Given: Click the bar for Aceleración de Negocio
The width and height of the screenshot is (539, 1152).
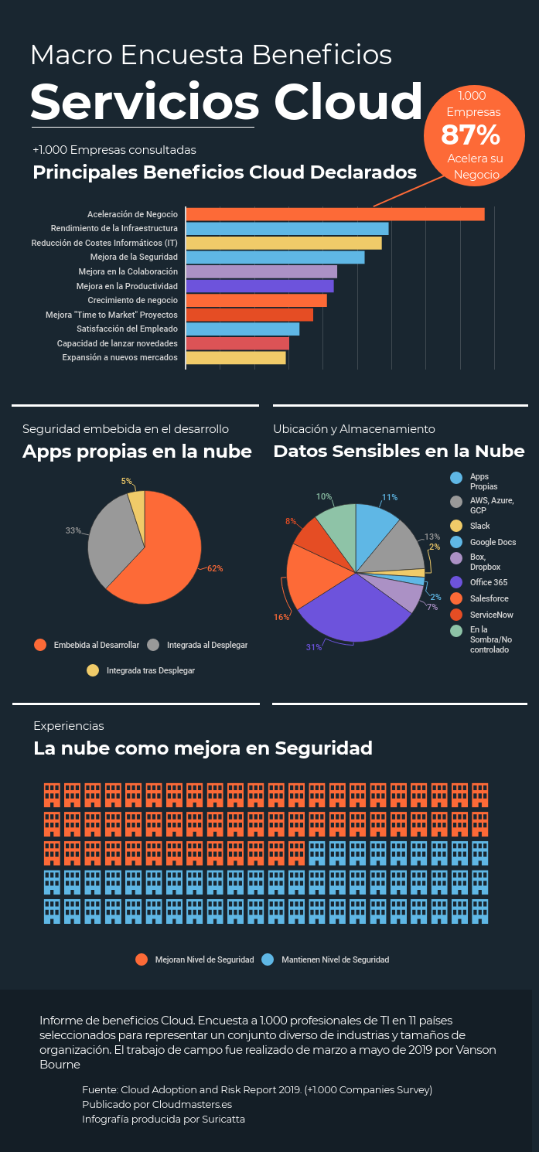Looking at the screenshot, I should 335,214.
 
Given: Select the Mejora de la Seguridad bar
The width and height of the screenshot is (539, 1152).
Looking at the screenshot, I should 275,257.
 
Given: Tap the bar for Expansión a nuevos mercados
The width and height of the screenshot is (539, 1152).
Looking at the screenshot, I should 236,358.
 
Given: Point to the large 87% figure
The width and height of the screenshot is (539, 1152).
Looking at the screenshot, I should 470,135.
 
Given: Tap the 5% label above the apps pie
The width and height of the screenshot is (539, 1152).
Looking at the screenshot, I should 126,481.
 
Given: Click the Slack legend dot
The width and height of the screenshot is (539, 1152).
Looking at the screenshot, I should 457,526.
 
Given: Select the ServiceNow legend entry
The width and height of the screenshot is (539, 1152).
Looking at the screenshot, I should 491,615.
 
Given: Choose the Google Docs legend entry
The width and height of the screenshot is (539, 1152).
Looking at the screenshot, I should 493,543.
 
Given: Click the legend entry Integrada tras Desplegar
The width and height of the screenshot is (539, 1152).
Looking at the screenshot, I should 150,670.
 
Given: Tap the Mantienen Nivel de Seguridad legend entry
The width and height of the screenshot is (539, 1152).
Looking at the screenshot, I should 335,959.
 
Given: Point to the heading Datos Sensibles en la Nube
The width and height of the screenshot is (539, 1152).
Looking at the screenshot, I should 399,451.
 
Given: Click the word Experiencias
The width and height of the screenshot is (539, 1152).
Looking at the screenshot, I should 69,726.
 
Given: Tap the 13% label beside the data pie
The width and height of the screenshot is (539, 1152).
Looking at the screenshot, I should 432,537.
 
